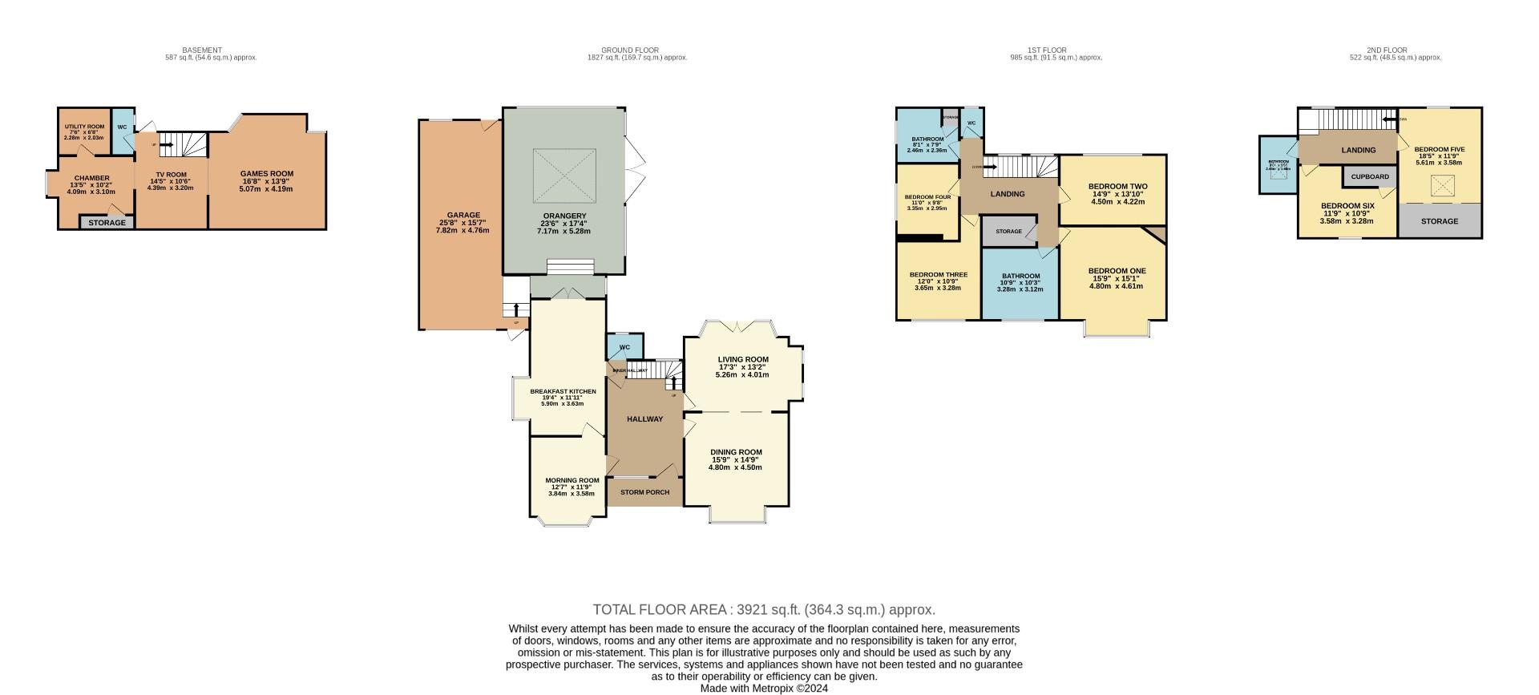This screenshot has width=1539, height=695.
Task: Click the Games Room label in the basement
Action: (x=267, y=173)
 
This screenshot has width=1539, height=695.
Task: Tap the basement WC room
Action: (x=122, y=130)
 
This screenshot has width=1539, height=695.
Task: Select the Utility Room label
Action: (x=84, y=127)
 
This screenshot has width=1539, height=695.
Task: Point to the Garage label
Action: (x=463, y=215)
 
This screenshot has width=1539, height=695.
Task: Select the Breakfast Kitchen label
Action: (x=563, y=391)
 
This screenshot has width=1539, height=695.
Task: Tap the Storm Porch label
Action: (x=644, y=491)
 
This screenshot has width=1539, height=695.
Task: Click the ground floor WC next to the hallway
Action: (x=624, y=347)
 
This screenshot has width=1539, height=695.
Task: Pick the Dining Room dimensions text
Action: (x=735, y=463)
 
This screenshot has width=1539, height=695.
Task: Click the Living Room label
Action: (x=743, y=359)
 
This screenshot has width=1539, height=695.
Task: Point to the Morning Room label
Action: (x=572, y=480)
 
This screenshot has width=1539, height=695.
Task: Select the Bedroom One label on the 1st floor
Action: (x=1117, y=271)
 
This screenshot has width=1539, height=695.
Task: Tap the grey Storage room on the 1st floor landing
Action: (x=1008, y=231)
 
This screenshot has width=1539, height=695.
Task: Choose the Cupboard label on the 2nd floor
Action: (x=1370, y=176)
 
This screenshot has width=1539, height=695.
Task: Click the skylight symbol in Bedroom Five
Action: (x=1443, y=186)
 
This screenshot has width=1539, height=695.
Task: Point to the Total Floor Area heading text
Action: (x=764, y=609)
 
